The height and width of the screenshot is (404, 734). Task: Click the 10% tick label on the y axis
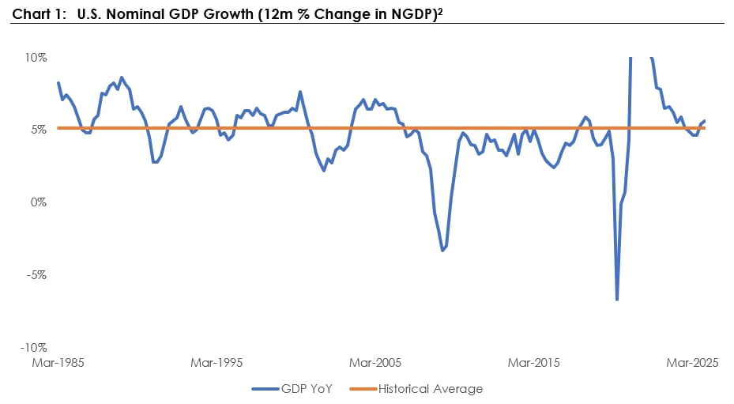click(36, 58)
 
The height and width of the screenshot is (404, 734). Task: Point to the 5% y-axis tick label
click(39, 130)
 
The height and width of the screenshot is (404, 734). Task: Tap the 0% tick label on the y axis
click(39, 202)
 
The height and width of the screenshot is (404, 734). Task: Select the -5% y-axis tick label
click(36, 275)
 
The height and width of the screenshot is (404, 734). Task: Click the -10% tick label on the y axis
click(34, 348)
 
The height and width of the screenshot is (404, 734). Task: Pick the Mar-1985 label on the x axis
click(58, 363)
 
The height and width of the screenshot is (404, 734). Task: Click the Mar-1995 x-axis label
click(216, 363)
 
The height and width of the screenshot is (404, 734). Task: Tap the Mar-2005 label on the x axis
click(375, 363)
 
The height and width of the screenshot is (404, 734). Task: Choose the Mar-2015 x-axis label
click(533, 363)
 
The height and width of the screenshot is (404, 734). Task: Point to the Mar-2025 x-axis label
click(692, 363)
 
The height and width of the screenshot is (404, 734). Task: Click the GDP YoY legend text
click(307, 389)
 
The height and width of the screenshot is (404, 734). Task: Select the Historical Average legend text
click(430, 389)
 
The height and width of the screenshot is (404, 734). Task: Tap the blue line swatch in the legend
click(265, 389)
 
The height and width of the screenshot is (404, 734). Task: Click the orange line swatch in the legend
click(363, 389)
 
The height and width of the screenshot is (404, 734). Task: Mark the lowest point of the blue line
click(617, 300)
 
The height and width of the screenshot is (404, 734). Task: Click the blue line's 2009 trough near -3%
click(442, 251)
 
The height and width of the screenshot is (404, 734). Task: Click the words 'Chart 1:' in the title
click(40, 14)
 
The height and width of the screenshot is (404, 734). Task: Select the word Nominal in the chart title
click(136, 14)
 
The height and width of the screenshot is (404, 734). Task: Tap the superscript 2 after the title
click(440, 11)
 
